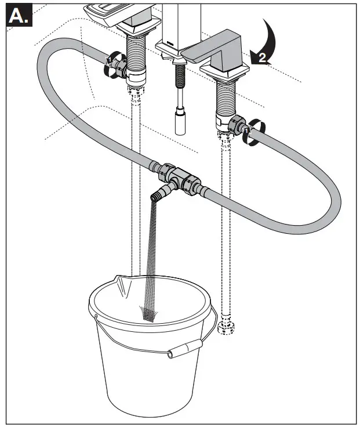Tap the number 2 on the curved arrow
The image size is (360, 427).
[261, 57]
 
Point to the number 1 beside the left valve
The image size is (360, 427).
[108, 59]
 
